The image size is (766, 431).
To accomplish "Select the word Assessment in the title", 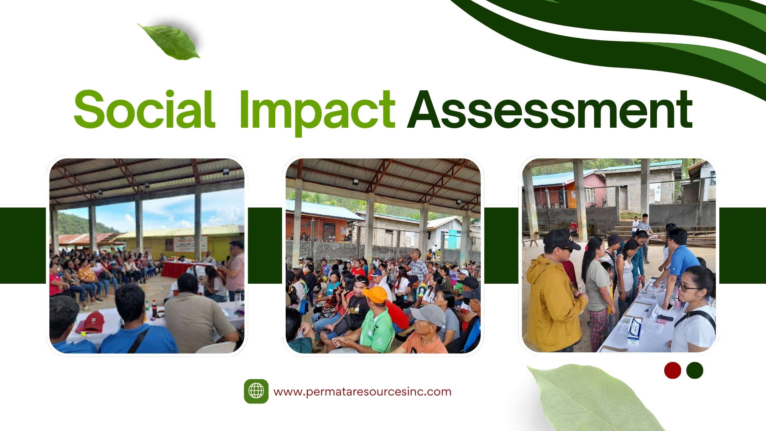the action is [x=550, y=109].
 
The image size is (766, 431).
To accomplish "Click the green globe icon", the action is [x=256, y=391].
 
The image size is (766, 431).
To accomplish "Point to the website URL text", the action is [x=362, y=392].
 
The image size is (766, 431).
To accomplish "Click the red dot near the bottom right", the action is [x=673, y=370].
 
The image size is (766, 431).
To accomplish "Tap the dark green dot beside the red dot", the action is [x=695, y=370].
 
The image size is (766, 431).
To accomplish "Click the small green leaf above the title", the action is [x=169, y=42].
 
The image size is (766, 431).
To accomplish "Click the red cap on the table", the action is [x=91, y=322].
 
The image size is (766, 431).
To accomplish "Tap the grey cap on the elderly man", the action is [x=428, y=314].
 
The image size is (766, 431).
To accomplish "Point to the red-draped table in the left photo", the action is [x=178, y=269].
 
